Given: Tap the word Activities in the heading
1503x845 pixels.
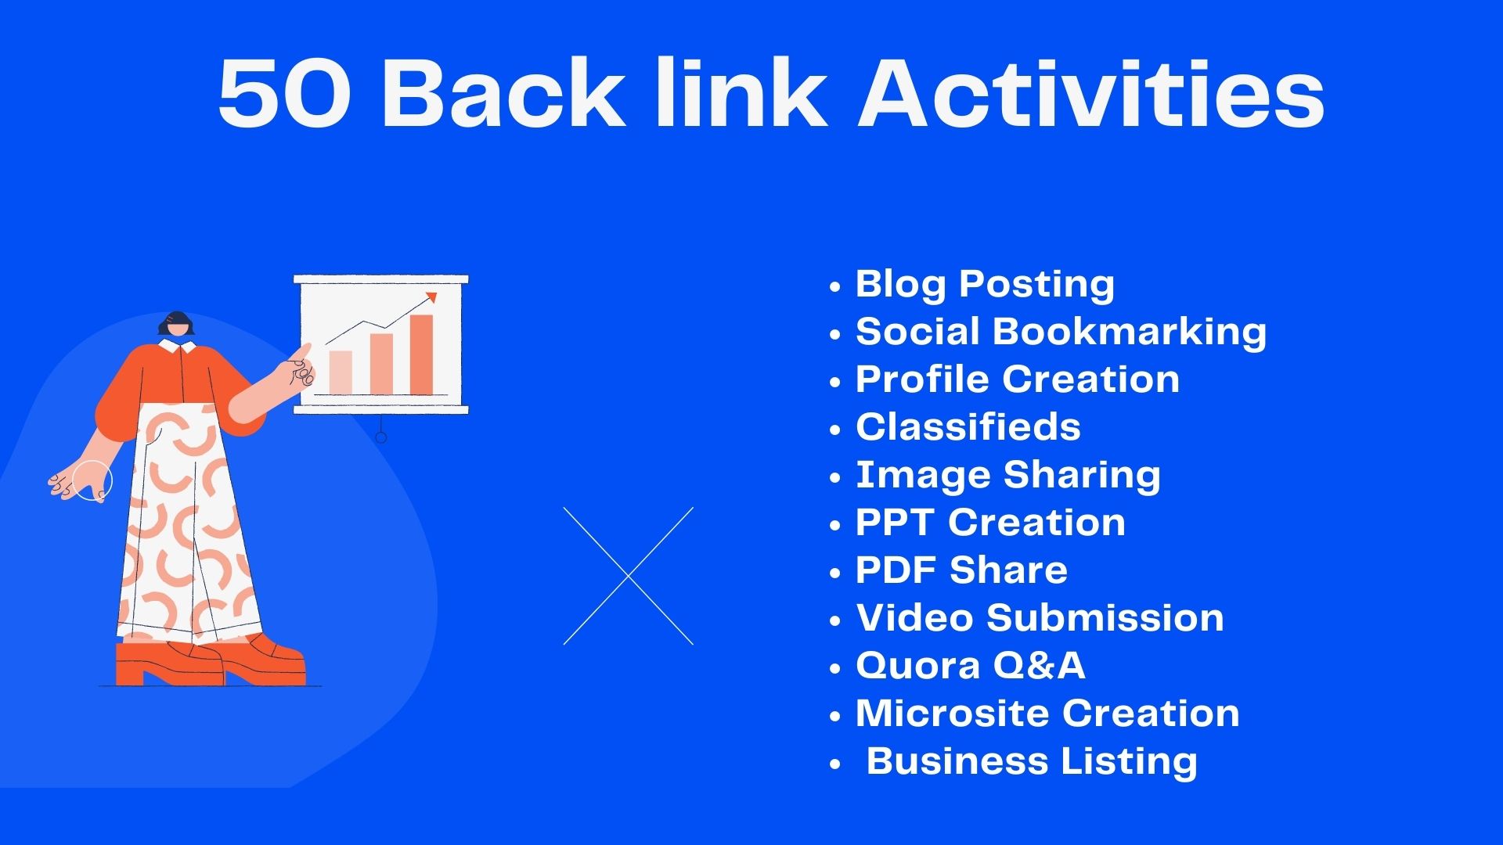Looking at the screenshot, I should (1091, 94).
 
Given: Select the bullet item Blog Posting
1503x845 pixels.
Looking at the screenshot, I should (985, 284).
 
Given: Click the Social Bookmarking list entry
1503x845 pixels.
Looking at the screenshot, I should (1061, 332).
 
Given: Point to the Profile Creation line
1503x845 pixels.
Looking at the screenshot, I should (1017, 379).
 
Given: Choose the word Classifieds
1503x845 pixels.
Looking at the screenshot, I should (968, 427).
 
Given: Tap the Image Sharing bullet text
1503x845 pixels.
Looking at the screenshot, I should (1007, 475).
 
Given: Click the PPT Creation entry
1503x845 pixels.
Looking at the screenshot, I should (990, 523).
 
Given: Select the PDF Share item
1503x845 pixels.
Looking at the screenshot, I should (961, 570).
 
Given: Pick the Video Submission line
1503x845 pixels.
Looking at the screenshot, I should (1040, 618).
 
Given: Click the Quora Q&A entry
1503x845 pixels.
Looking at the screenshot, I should (970, 666).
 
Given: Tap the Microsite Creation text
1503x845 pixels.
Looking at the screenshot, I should (1047, 714).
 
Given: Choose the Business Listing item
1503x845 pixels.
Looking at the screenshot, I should (1032, 761).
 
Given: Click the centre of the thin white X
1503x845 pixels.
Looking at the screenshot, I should (628, 576).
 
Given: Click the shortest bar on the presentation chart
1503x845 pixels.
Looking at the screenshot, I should (341, 372).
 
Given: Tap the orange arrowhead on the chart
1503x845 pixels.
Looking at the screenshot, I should (431, 297).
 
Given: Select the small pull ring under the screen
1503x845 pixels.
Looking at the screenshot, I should (381, 437).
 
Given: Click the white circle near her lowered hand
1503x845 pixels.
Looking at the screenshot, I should (92, 480).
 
